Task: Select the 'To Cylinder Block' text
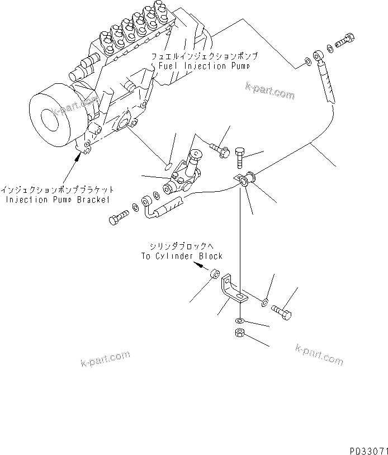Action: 181,256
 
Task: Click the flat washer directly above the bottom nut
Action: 239,321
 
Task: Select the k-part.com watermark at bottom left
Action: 105,358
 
